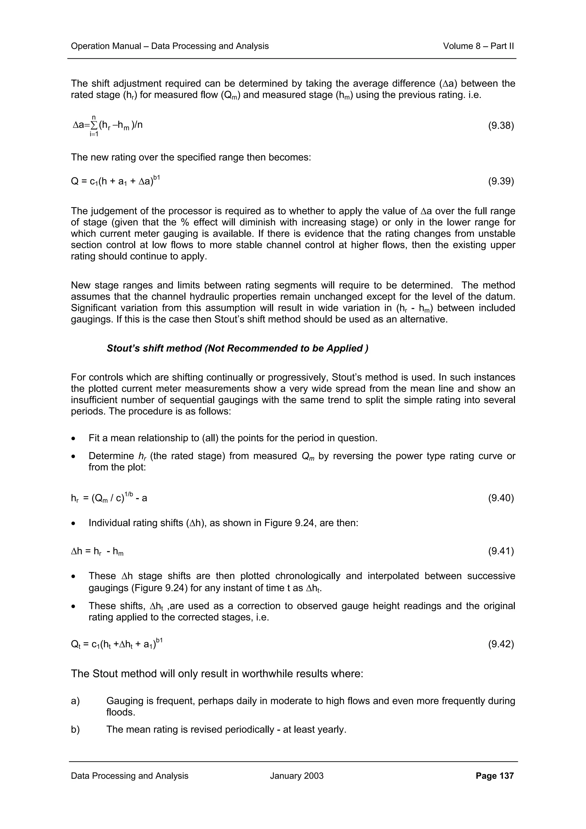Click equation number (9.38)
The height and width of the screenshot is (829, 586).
point(501,125)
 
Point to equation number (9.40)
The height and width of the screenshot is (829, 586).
point(501,498)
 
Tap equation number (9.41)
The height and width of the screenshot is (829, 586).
point(501,551)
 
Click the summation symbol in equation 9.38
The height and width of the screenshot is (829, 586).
point(94,125)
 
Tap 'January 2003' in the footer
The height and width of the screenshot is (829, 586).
point(296,776)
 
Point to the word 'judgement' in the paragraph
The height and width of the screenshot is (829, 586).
point(119,211)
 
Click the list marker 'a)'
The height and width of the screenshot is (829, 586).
point(75,701)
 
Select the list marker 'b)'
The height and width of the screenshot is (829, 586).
point(75,729)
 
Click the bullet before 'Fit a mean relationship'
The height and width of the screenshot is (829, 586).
point(73,438)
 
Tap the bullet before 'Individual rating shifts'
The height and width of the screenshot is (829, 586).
point(73,523)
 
